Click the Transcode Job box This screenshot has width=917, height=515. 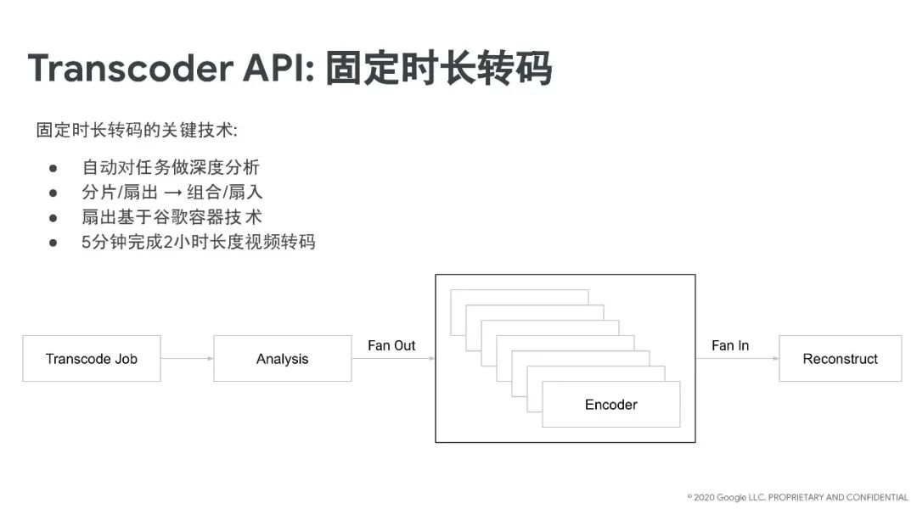(92, 359)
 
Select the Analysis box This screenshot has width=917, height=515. (282, 359)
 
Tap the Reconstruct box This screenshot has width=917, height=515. (840, 359)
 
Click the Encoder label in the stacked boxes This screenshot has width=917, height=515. (610, 405)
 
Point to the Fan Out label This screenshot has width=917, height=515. (391, 345)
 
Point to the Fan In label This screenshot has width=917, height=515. (730, 345)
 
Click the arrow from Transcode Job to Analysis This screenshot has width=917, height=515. (187, 359)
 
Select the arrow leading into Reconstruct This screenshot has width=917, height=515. (737, 359)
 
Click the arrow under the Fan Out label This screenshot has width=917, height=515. (393, 359)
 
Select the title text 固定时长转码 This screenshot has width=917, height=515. (439, 68)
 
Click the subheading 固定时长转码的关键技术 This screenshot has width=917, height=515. (137, 132)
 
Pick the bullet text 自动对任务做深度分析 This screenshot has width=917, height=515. (171, 167)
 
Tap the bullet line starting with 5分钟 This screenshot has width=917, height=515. (198, 242)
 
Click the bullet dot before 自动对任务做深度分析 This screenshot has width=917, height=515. (53, 168)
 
